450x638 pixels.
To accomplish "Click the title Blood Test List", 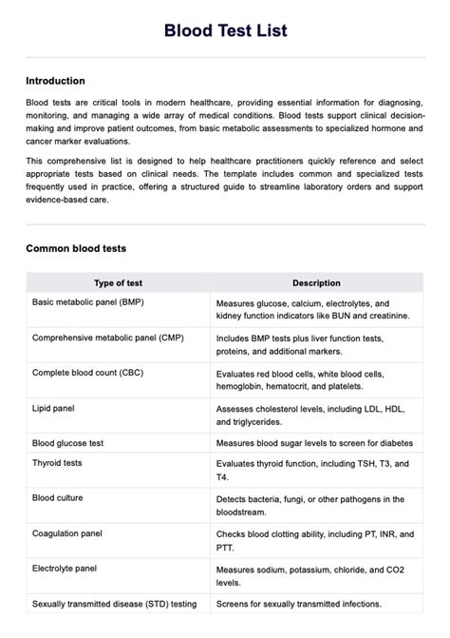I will point(225,31).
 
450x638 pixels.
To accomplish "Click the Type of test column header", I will point(118,282).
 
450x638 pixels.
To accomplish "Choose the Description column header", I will point(316,282).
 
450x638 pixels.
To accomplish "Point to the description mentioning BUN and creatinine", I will point(312,307).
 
